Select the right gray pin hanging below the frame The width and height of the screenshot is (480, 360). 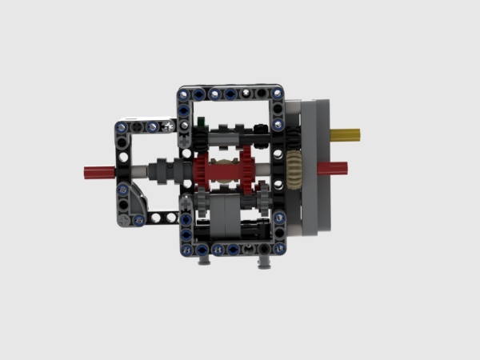[x=264, y=258]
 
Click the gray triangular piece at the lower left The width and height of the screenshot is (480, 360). [x=133, y=205]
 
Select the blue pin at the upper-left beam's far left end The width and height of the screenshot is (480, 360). [x=122, y=126]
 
